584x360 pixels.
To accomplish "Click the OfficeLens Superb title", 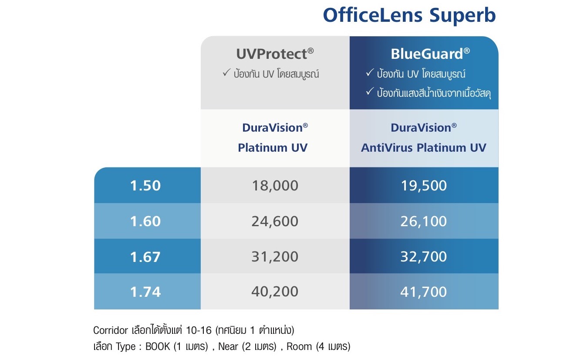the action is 409,16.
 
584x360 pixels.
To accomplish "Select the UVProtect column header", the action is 275,54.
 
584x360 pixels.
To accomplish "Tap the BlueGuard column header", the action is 430,54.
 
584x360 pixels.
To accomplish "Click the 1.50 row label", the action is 145,186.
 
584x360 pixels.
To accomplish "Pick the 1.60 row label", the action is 145,221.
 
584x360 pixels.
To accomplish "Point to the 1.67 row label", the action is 145,257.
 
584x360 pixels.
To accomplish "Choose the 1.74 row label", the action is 145,292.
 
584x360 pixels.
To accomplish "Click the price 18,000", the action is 275,186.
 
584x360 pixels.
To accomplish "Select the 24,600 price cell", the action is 275,221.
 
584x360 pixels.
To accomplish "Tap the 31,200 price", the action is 275,256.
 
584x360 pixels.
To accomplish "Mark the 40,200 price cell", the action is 275,292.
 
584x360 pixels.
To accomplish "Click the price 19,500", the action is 424,186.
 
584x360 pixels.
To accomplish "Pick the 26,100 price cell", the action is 424,221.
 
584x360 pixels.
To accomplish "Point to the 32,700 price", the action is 424,256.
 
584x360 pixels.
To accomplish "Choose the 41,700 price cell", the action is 424,292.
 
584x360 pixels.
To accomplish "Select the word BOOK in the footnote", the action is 158,346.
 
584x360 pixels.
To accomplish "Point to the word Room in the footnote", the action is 299,346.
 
